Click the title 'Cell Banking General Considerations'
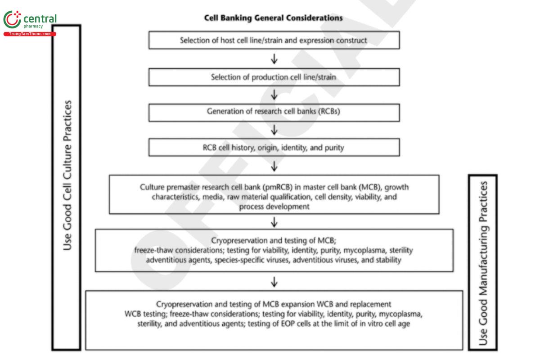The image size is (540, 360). click(273, 18)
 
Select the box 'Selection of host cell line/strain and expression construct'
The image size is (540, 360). click(274, 40)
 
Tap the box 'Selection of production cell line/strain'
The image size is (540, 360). click(274, 77)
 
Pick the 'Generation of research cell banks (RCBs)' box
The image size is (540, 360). click(274, 112)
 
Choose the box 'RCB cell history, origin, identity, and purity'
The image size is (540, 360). click(274, 147)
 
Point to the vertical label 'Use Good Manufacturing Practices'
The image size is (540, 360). click(483, 263)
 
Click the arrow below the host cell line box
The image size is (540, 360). click(274, 59)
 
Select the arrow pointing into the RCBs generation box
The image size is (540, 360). click(274, 95)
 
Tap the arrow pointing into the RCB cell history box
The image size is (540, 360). click(274, 130)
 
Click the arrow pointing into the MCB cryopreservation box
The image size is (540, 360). click(274, 221)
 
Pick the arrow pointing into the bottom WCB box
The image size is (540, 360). click(274, 282)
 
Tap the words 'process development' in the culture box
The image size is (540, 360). click(274, 207)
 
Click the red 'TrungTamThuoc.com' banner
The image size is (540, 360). click(30, 34)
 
